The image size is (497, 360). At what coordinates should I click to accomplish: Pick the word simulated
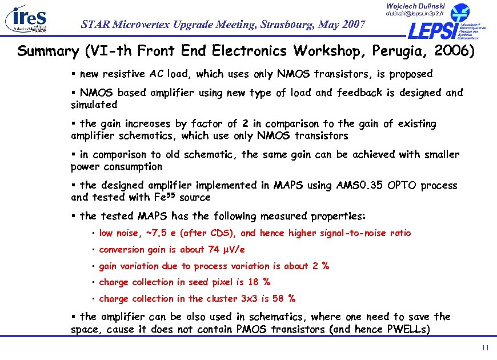pos(94,105)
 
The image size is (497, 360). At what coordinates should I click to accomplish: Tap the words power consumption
pos(117,166)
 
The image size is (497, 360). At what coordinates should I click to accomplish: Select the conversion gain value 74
pos(215,249)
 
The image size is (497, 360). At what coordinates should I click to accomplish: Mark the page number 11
pos(485,349)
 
